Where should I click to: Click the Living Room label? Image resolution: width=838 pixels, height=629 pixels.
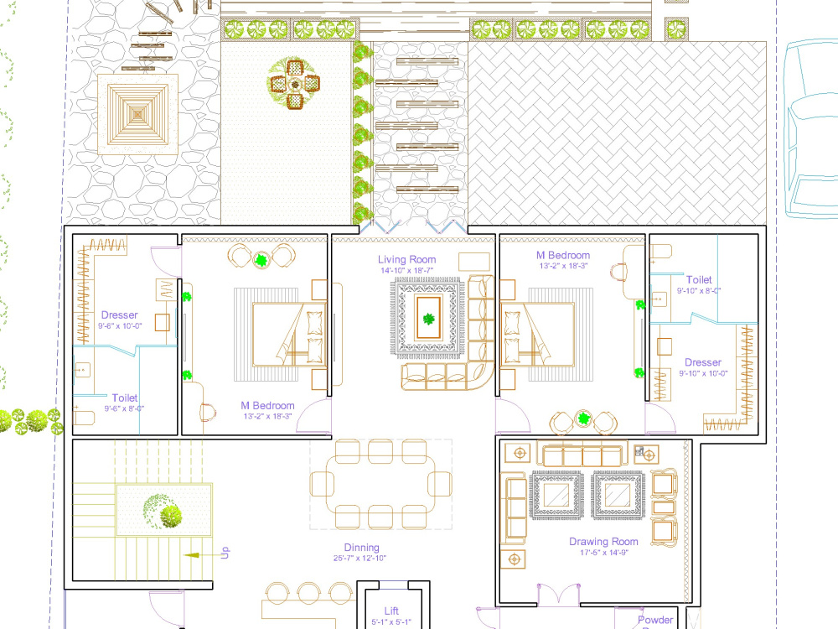(x=406, y=259)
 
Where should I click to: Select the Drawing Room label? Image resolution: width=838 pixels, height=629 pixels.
(x=603, y=542)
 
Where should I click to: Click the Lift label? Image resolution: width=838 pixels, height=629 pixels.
(x=391, y=611)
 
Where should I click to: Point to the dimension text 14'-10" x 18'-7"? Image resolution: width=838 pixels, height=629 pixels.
(x=408, y=271)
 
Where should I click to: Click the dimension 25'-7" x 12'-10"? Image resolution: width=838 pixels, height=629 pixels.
(x=359, y=559)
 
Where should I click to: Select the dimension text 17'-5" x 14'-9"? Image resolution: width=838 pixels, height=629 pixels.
(x=603, y=553)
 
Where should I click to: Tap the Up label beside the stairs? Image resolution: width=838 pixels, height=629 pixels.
(x=225, y=553)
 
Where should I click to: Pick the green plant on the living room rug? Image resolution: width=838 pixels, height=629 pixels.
(x=429, y=319)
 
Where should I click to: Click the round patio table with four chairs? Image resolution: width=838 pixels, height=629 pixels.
(x=294, y=84)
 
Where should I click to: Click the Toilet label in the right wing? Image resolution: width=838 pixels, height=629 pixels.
(x=699, y=279)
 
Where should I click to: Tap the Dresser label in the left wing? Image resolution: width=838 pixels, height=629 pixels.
(x=119, y=315)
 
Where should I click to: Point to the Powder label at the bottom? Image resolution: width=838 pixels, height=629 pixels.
(x=655, y=620)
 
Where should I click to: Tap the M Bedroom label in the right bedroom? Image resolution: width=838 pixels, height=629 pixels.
(x=563, y=255)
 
